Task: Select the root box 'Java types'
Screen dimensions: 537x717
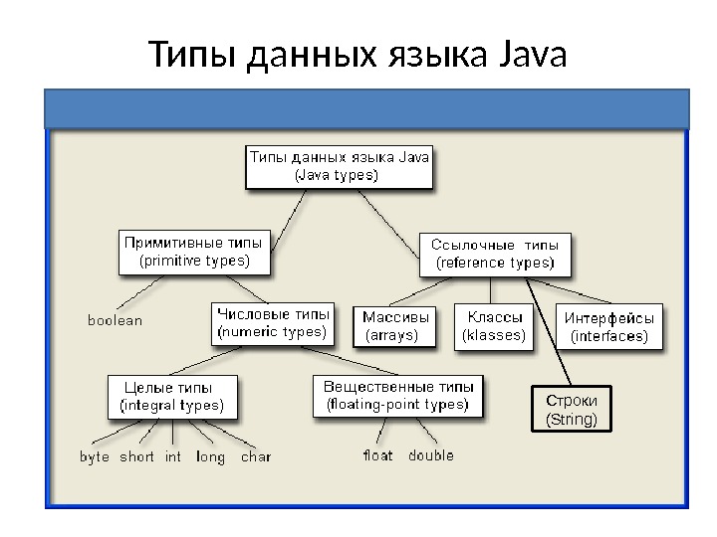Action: [x=339, y=166]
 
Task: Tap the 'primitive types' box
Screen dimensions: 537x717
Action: [x=193, y=252]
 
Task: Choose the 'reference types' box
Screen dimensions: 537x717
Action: [x=495, y=254]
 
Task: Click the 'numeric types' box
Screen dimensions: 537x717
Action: [x=272, y=323]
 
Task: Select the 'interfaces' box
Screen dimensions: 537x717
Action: [x=609, y=327]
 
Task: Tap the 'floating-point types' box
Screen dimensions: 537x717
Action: [x=396, y=395]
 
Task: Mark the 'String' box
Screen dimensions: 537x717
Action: [x=573, y=409]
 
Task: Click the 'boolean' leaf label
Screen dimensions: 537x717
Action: [x=116, y=320]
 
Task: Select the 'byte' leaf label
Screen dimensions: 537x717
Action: [x=95, y=457]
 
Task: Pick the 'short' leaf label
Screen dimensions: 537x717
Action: [x=137, y=457]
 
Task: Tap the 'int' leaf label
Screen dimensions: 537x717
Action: [x=173, y=457]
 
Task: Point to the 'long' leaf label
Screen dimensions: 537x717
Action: [x=210, y=457]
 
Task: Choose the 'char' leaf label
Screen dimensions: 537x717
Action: [x=256, y=457]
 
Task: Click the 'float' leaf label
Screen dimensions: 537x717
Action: [x=377, y=456]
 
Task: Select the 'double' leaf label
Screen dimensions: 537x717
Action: [x=430, y=456]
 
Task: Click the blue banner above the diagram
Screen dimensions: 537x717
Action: [x=366, y=108]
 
